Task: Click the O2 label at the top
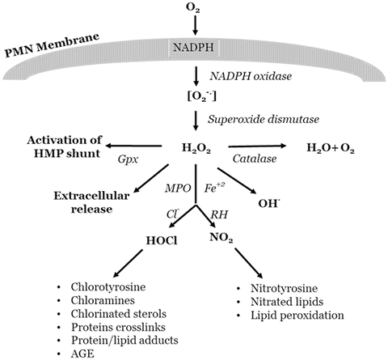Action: tap(195, 10)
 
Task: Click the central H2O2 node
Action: tap(193, 148)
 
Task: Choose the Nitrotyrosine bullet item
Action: tap(275, 288)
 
